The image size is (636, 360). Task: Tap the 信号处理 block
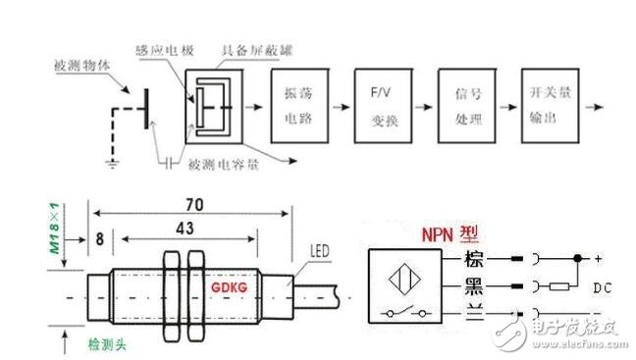463,104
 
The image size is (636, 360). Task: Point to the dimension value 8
100,236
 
